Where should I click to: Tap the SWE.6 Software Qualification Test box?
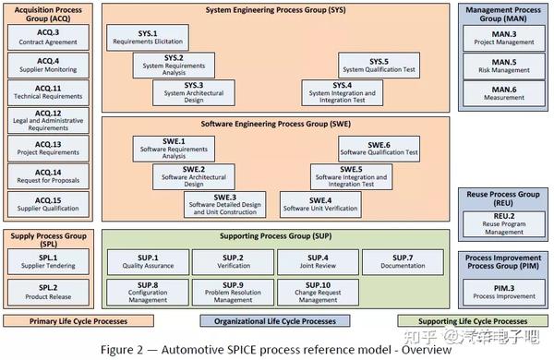pos(379,147)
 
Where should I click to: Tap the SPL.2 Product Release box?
pos(48,293)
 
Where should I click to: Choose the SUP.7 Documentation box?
pos(402,262)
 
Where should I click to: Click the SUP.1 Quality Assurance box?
pos(149,262)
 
